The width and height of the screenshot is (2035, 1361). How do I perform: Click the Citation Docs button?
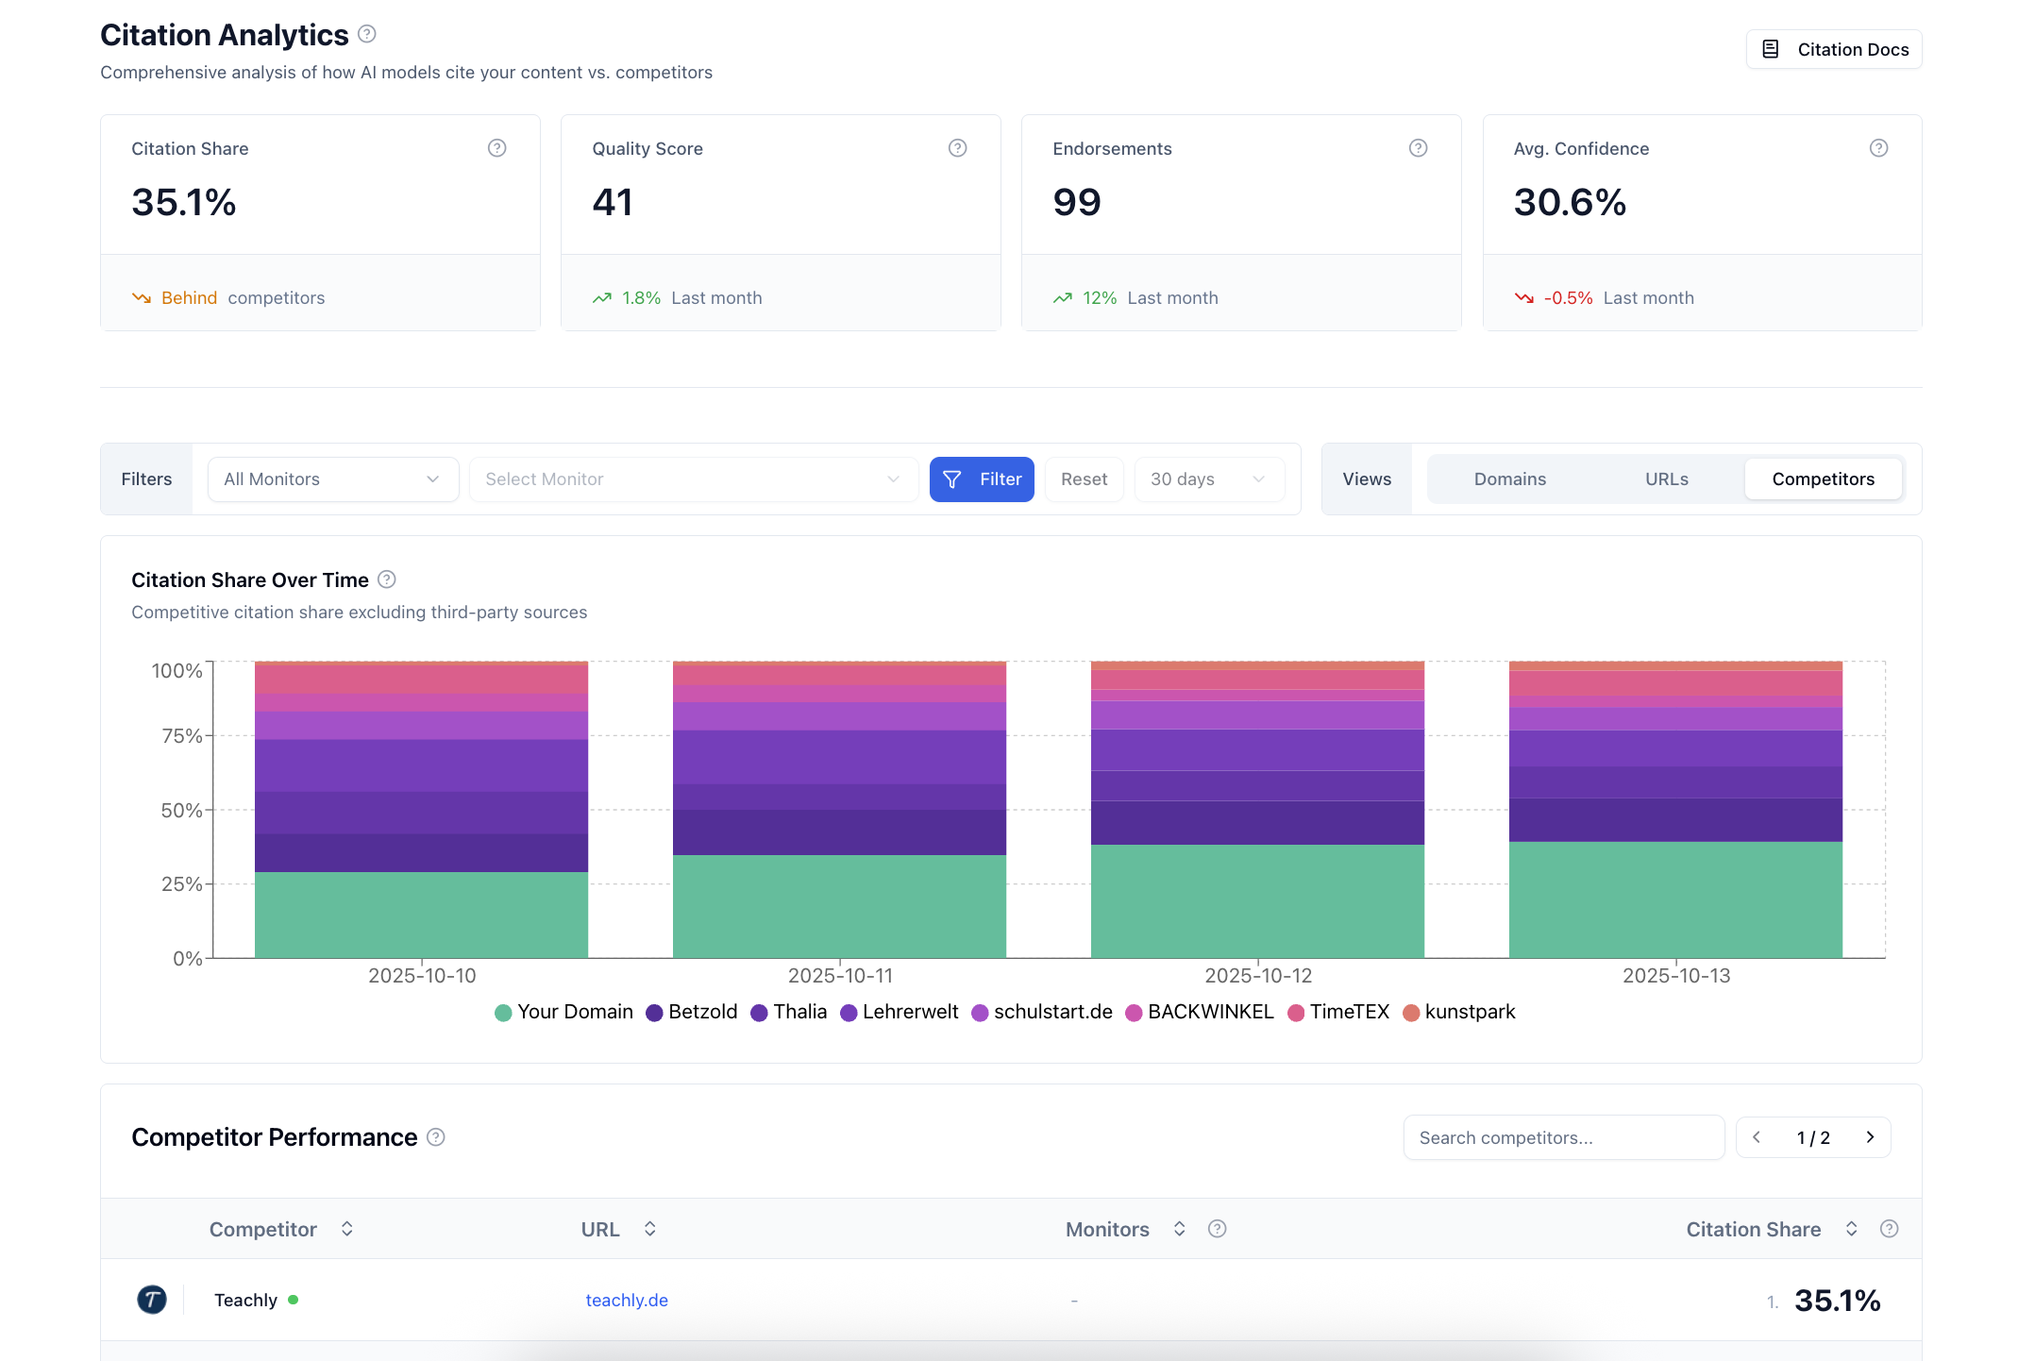[x=1833, y=49]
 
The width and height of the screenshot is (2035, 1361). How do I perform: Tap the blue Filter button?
[x=981, y=479]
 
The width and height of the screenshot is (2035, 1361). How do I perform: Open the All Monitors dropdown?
[x=332, y=479]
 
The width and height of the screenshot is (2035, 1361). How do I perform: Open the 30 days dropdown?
[x=1207, y=479]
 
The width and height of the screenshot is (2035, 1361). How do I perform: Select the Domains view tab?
[x=1509, y=479]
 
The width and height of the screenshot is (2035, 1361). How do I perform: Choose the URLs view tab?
[x=1666, y=479]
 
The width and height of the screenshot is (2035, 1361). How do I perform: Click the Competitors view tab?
[x=1822, y=479]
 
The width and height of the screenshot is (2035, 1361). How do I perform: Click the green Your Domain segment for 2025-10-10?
[x=421, y=915]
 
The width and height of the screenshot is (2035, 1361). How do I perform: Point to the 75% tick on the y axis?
[x=182, y=736]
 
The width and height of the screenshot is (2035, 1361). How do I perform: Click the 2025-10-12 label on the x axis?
[x=1257, y=976]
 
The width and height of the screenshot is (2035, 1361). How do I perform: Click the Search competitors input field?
[x=1562, y=1137]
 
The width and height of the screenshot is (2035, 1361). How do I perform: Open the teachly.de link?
[x=627, y=1301]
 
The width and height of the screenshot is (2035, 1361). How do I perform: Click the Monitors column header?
[x=1107, y=1229]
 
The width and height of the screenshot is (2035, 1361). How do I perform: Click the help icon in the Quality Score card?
[x=957, y=148]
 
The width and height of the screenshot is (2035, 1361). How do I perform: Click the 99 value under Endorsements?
[x=1077, y=202]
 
